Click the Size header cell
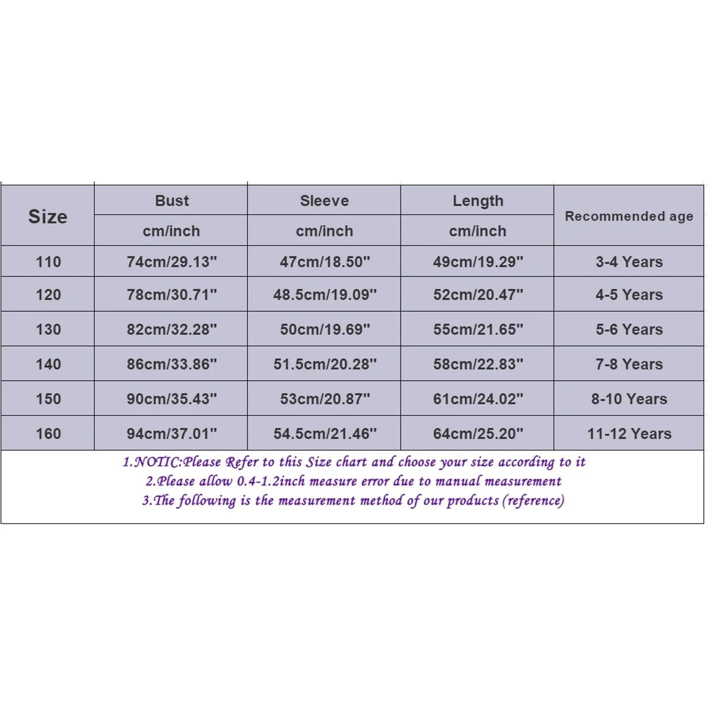pyautogui.click(x=48, y=216)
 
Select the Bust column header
pyautogui.click(x=172, y=201)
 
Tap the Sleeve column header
pyautogui.click(x=324, y=201)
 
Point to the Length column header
pyautogui.click(x=478, y=201)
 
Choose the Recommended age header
pyautogui.click(x=629, y=216)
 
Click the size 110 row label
pyautogui.click(x=48, y=262)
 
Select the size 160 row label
pyautogui.click(x=48, y=434)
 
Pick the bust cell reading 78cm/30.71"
pyautogui.click(x=172, y=295)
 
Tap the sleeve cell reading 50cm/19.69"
pyautogui.click(x=325, y=329)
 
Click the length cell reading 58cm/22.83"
pyautogui.click(x=478, y=364)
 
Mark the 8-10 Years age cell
pyautogui.click(x=629, y=399)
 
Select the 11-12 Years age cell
pyautogui.click(x=629, y=434)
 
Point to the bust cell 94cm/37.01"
pyautogui.click(x=172, y=434)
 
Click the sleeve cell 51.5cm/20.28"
pyautogui.click(x=325, y=364)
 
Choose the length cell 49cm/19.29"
pyautogui.click(x=478, y=262)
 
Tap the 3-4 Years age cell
pyautogui.click(x=629, y=262)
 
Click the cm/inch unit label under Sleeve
pyautogui.click(x=324, y=231)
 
